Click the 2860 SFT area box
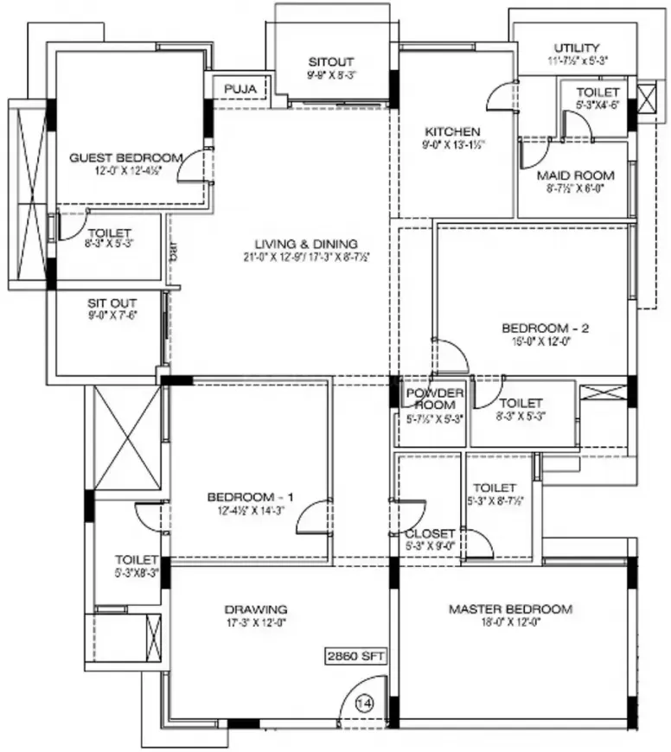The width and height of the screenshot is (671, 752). tap(355, 655)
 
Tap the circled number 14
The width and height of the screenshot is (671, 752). tap(365, 704)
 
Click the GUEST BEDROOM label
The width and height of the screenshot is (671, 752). tap(126, 157)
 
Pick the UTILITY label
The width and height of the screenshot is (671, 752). tap(577, 48)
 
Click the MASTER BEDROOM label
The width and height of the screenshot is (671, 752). tap(510, 609)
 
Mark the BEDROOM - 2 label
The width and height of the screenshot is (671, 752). tap(546, 328)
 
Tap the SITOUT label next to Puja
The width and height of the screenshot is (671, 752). tap(331, 62)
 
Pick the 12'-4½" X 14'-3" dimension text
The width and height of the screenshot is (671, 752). tap(251, 510)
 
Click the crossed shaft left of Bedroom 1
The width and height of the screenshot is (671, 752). tap(127, 438)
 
